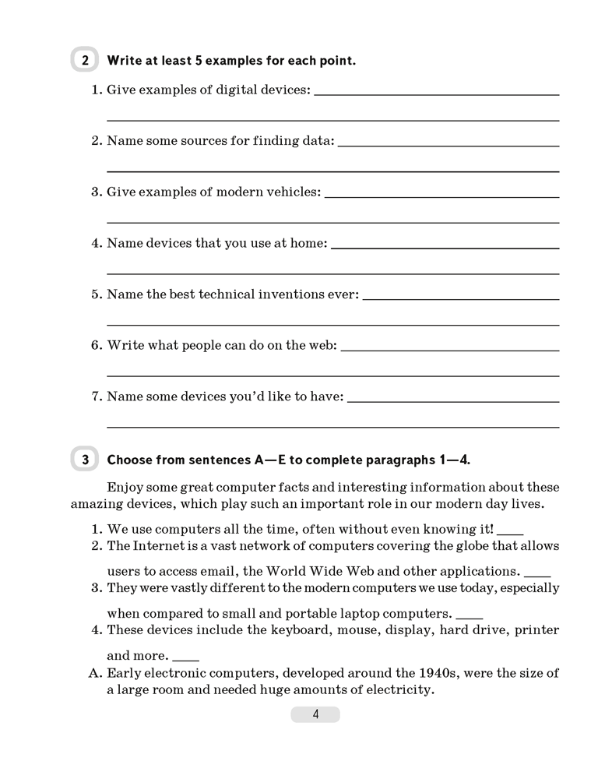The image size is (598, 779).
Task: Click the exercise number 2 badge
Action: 85,60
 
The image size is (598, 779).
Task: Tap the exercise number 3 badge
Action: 85,460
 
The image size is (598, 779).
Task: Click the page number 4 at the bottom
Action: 315,715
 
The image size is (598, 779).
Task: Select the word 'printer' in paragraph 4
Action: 536,630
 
